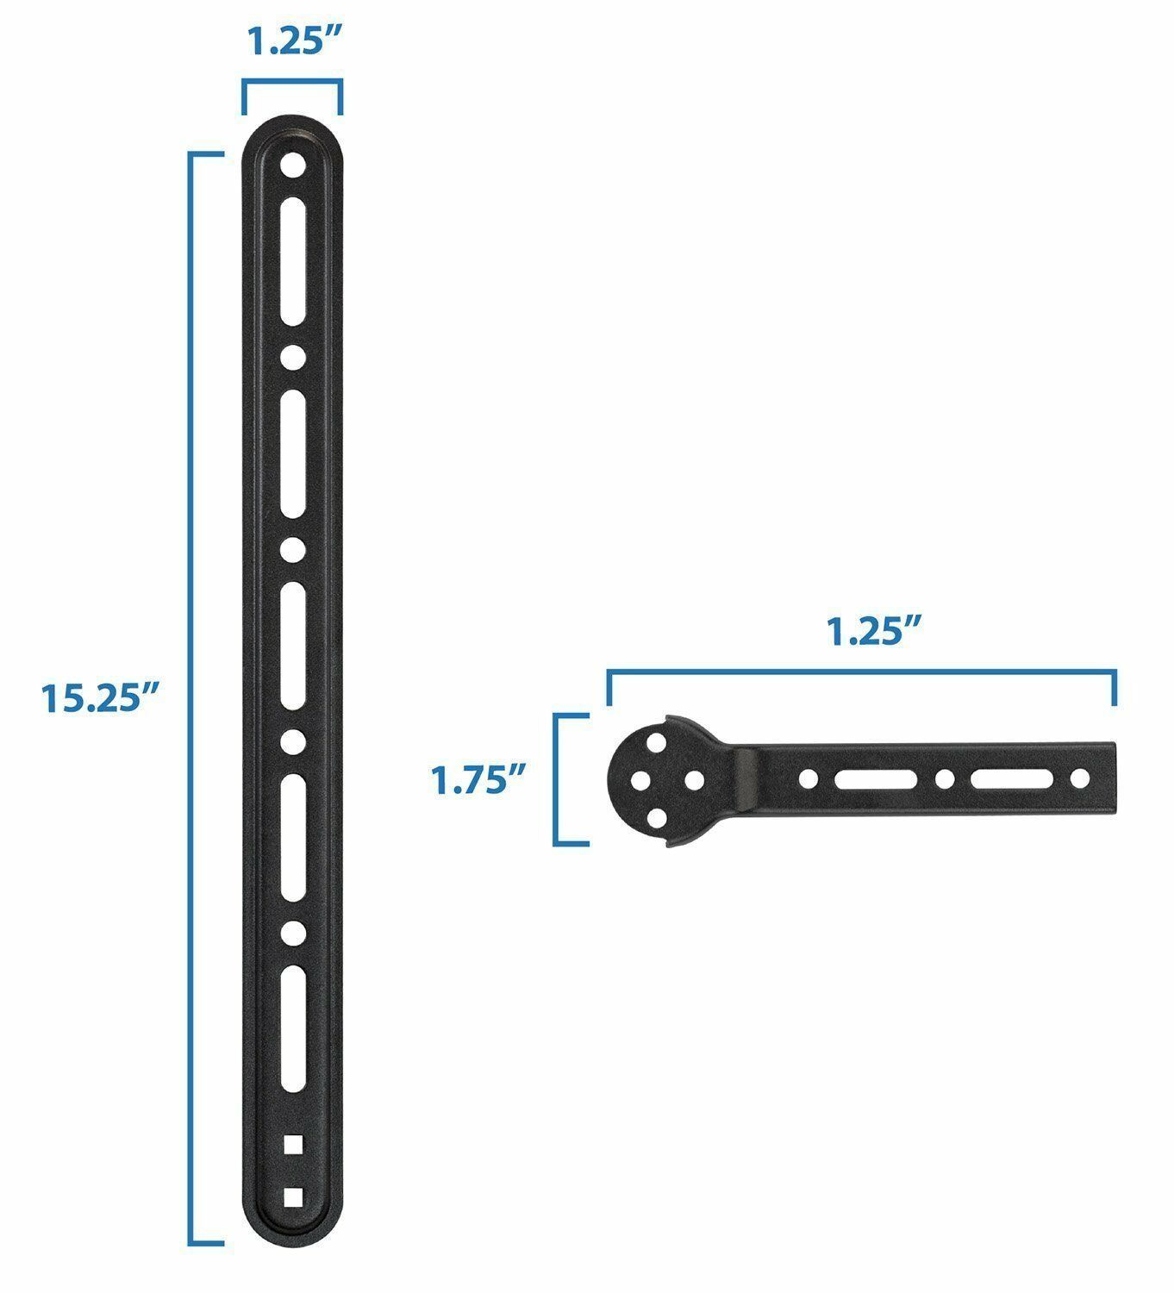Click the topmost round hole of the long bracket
coord(293,164)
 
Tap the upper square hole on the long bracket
coord(293,1143)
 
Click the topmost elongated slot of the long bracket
coord(293,259)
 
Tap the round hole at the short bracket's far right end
coord(1080,780)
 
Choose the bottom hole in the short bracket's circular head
coord(659,817)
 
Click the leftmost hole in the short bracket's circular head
coord(640,781)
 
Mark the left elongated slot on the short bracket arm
coord(875,780)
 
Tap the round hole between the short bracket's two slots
coord(945,780)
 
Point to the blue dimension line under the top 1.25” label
coord(292,82)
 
